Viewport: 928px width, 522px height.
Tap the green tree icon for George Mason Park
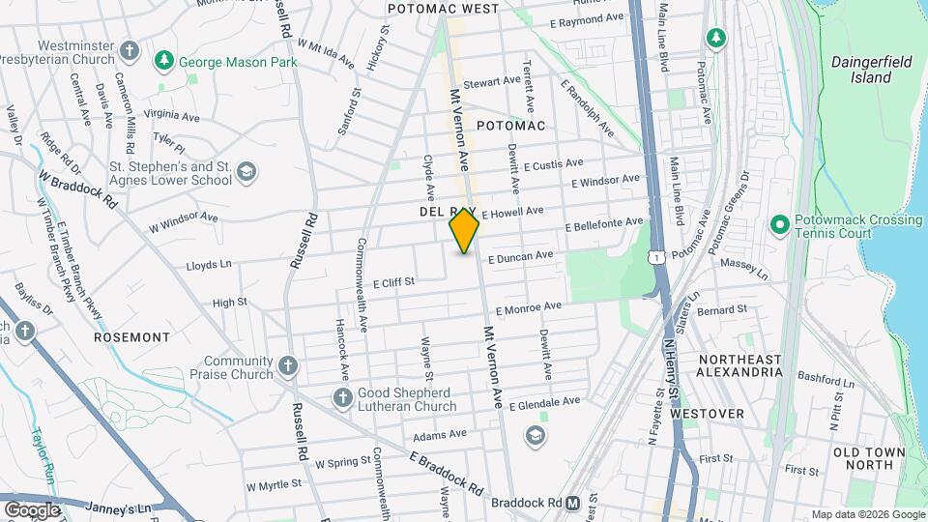[x=164, y=61]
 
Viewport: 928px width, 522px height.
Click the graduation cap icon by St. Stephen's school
[x=247, y=172]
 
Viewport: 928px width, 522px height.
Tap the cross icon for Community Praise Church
[x=287, y=366]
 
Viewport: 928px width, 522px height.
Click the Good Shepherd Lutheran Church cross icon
[x=342, y=397]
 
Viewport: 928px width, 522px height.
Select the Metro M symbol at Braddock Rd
[x=573, y=503]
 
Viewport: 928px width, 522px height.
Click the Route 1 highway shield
[x=656, y=257]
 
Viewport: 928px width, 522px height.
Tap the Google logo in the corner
[x=31, y=509]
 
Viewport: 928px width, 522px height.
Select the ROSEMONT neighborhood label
[x=131, y=337]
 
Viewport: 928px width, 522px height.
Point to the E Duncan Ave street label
[x=520, y=256]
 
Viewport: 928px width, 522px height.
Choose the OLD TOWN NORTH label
[x=869, y=458]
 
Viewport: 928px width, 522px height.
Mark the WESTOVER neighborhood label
[x=708, y=414]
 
